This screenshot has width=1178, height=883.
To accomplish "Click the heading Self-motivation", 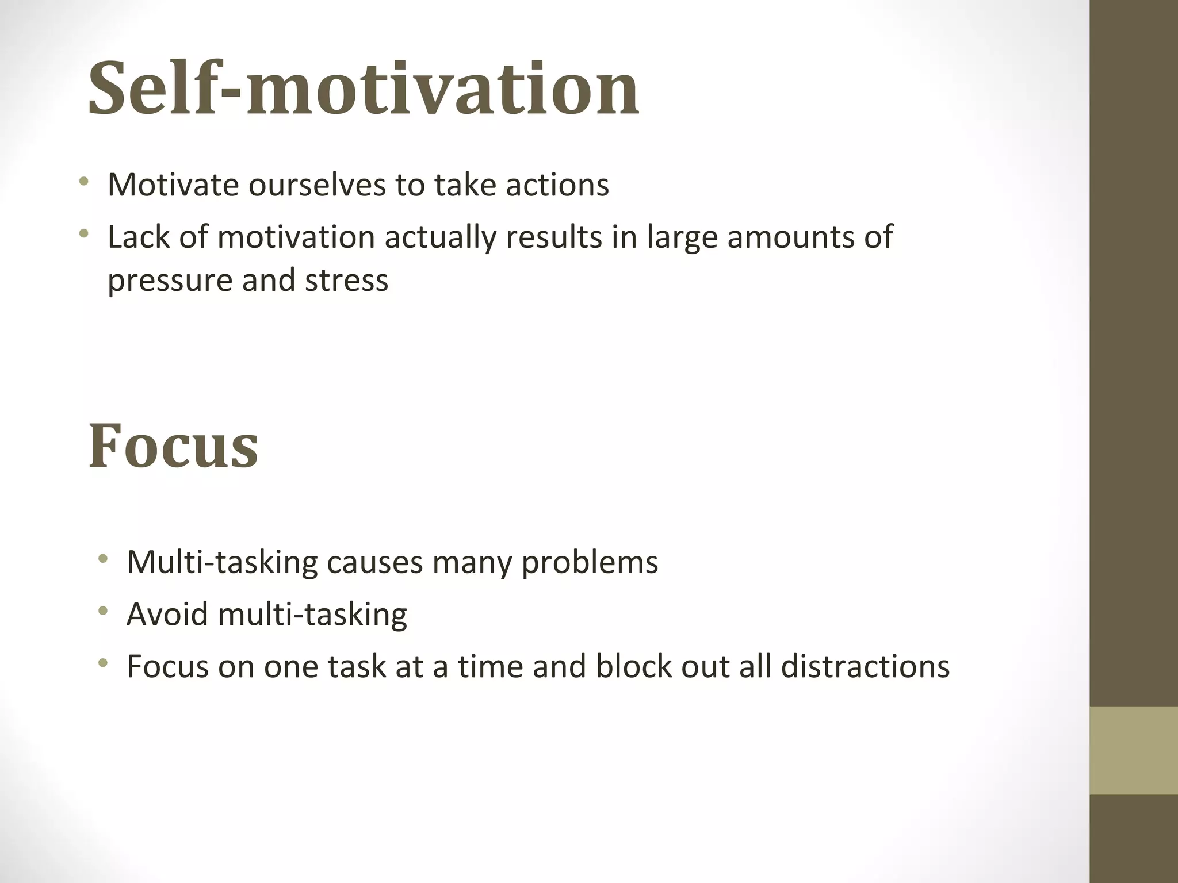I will pyautogui.click(x=363, y=89).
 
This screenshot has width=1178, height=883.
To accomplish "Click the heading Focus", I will pyautogui.click(x=173, y=446).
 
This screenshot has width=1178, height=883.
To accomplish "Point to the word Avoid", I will pyautogui.click(x=167, y=614).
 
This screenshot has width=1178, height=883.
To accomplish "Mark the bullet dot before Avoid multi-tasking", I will pyautogui.click(x=103, y=611).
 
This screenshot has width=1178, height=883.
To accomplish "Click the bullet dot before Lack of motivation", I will pyautogui.click(x=85, y=233).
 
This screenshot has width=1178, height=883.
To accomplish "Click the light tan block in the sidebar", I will pyautogui.click(x=1133, y=750).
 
